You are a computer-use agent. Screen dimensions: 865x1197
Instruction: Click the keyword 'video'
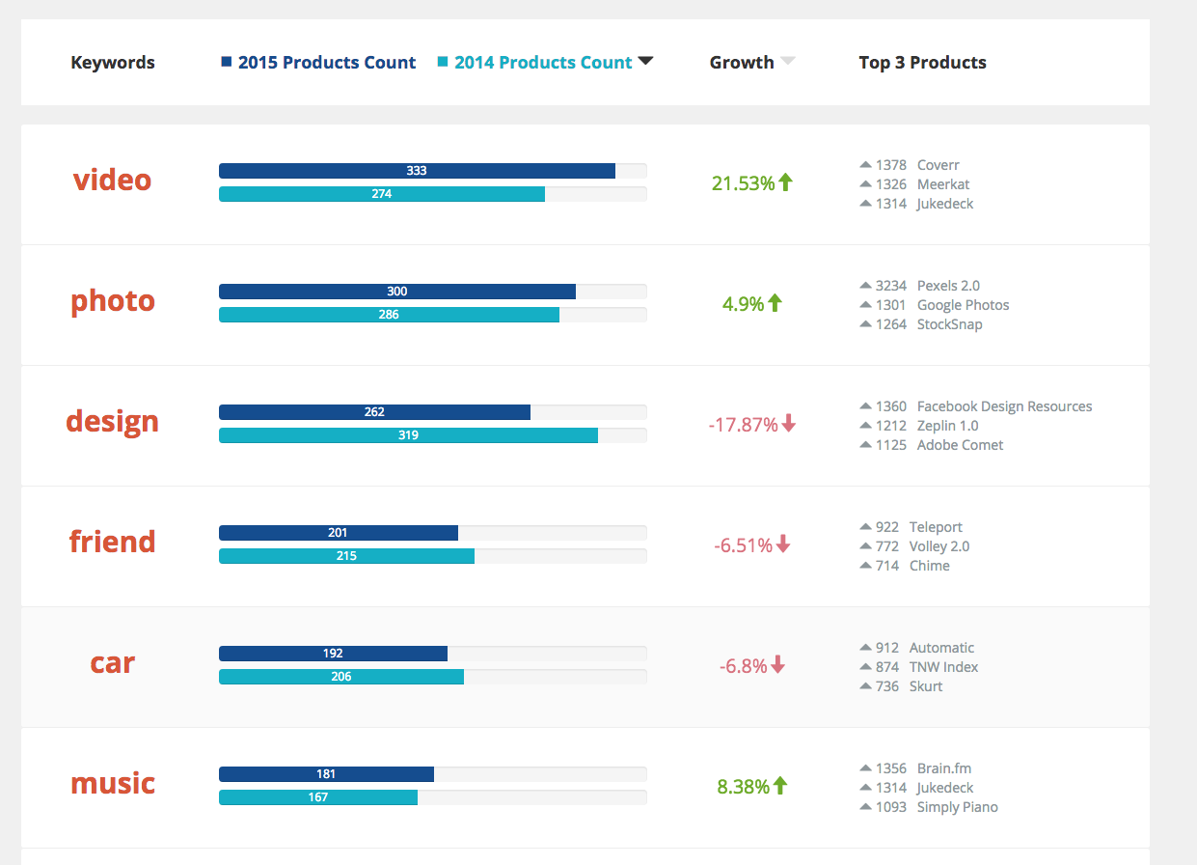(112, 181)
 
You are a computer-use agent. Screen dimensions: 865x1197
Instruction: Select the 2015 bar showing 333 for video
(417, 171)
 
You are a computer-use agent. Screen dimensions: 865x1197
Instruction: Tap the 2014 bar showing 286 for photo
(389, 315)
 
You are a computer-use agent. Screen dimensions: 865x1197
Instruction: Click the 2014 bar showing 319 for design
(408, 435)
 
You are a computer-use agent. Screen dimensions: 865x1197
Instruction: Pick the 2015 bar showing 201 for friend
(338, 533)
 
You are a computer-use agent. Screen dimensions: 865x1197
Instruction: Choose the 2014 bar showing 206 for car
(341, 677)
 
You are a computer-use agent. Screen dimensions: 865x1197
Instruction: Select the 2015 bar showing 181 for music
(326, 774)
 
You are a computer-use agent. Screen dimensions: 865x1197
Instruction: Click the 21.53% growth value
(743, 183)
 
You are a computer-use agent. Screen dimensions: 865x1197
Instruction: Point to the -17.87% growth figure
(743, 425)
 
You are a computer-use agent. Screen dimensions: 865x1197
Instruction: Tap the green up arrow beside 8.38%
(780, 786)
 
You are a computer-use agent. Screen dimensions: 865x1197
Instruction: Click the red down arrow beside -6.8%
(778, 665)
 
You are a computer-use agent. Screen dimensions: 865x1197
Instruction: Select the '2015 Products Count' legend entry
(326, 63)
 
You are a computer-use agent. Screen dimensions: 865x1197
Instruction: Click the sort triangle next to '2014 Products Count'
(646, 62)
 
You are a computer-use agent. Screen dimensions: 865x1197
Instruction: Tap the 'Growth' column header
(742, 63)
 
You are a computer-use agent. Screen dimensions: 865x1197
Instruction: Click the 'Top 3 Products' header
(922, 63)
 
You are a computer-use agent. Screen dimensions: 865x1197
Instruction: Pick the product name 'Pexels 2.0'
(948, 286)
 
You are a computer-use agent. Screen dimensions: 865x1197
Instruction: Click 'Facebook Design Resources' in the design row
(1004, 406)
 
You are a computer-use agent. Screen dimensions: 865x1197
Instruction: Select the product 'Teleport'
(936, 527)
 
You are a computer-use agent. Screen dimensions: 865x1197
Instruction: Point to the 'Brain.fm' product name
(944, 768)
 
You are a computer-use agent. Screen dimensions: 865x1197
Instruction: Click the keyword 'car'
(112, 663)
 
